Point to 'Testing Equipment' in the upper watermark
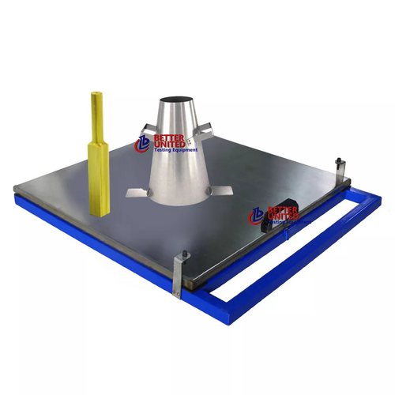click(175, 152)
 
